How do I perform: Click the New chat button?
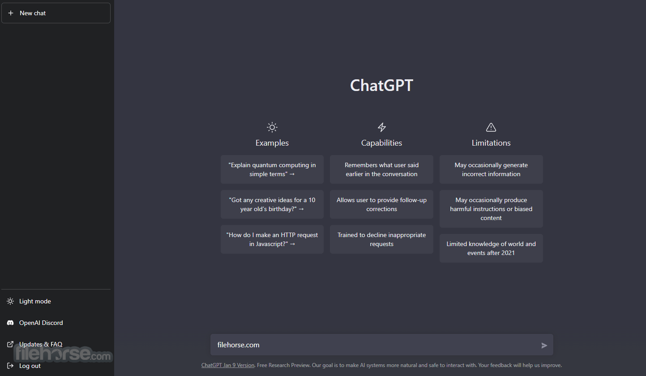click(x=56, y=13)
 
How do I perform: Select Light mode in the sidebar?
click(x=35, y=301)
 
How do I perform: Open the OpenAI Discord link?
click(x=41, y=323)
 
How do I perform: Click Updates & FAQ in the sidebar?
click(x=41, y=344)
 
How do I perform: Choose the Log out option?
click(x=30, y=366)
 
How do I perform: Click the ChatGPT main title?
click(x=381, y=85)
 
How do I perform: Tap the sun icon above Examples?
click(x=272, y=127)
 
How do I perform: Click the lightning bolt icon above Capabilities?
click(x=381, y=127)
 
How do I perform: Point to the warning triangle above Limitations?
click(x=491, y=127)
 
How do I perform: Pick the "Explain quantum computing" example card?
click(x=272, y=169)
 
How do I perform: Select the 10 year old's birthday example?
click(x=272, y=204)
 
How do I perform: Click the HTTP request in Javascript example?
click(x=272, y=239)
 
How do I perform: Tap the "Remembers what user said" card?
click(x=381, y=169)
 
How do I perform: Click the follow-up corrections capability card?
click(x=381, y=204)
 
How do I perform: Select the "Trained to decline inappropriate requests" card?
click(x=381, y=239)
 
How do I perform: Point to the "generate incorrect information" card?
click(x=491, y=169)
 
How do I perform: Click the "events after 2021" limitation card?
click(x=491, y=248)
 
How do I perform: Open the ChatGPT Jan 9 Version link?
click(x=228, y=365)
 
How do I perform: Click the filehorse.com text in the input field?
click(x=238, y=345)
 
